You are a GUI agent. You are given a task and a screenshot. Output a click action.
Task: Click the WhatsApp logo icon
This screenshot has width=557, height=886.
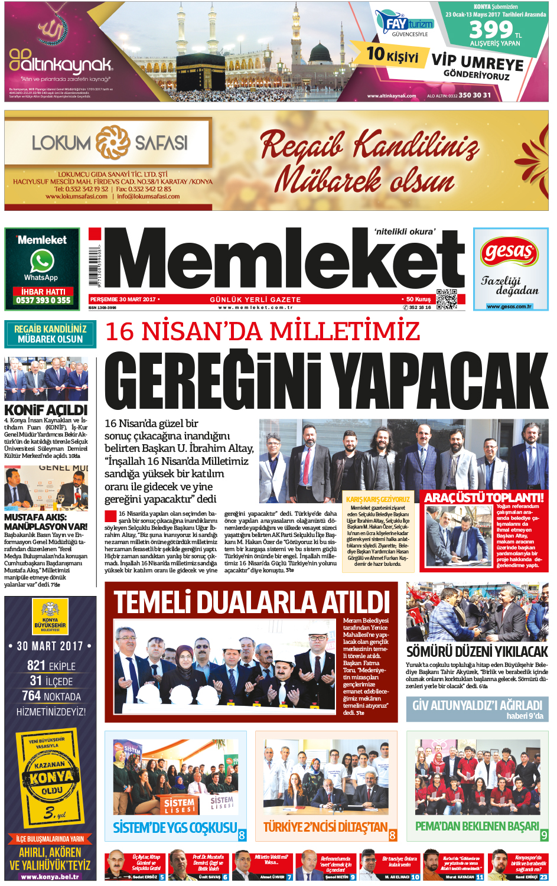(x=42, y=260)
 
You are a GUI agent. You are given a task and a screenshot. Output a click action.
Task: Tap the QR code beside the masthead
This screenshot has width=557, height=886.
(x=447, y=299)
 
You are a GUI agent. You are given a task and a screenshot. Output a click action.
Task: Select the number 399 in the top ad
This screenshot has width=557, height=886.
(x=490, y=30)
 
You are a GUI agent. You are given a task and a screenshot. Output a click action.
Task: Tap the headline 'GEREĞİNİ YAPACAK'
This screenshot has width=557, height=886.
(x=326, y=380)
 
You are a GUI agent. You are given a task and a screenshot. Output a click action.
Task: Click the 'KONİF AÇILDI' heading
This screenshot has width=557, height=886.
(x=45, y=410)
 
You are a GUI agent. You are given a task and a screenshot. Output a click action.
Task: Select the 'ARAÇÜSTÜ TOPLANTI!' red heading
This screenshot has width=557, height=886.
(x=484, y=497)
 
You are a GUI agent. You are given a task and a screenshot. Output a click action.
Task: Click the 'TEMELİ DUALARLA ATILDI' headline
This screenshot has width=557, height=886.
(x=252, y=602)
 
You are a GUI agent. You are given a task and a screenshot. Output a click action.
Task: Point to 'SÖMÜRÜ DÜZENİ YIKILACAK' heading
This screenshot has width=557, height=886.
(x=477, y=652)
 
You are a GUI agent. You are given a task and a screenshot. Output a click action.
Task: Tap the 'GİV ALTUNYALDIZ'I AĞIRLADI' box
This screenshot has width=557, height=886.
(x=477, y=709)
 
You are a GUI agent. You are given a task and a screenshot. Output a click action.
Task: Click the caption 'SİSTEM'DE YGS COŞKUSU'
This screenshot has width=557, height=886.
(x=175, y=828)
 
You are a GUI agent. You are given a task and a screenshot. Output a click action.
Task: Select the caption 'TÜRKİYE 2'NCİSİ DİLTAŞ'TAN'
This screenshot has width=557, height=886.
(x=325, y=827)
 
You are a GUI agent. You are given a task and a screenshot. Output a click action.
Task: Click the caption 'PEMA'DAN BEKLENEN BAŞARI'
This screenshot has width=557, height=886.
(x=477, y=826)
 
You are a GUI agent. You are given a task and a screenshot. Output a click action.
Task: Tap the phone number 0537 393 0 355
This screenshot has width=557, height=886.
(x=43, y=301)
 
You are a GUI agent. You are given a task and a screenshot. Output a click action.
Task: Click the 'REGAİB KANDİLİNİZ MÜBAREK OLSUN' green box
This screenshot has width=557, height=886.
(x=50, y=334)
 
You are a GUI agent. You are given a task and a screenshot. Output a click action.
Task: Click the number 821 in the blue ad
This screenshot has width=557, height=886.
(x=37, y=666)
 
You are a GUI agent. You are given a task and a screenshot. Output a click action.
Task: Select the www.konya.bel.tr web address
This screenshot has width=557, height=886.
(x=50, y=877)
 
